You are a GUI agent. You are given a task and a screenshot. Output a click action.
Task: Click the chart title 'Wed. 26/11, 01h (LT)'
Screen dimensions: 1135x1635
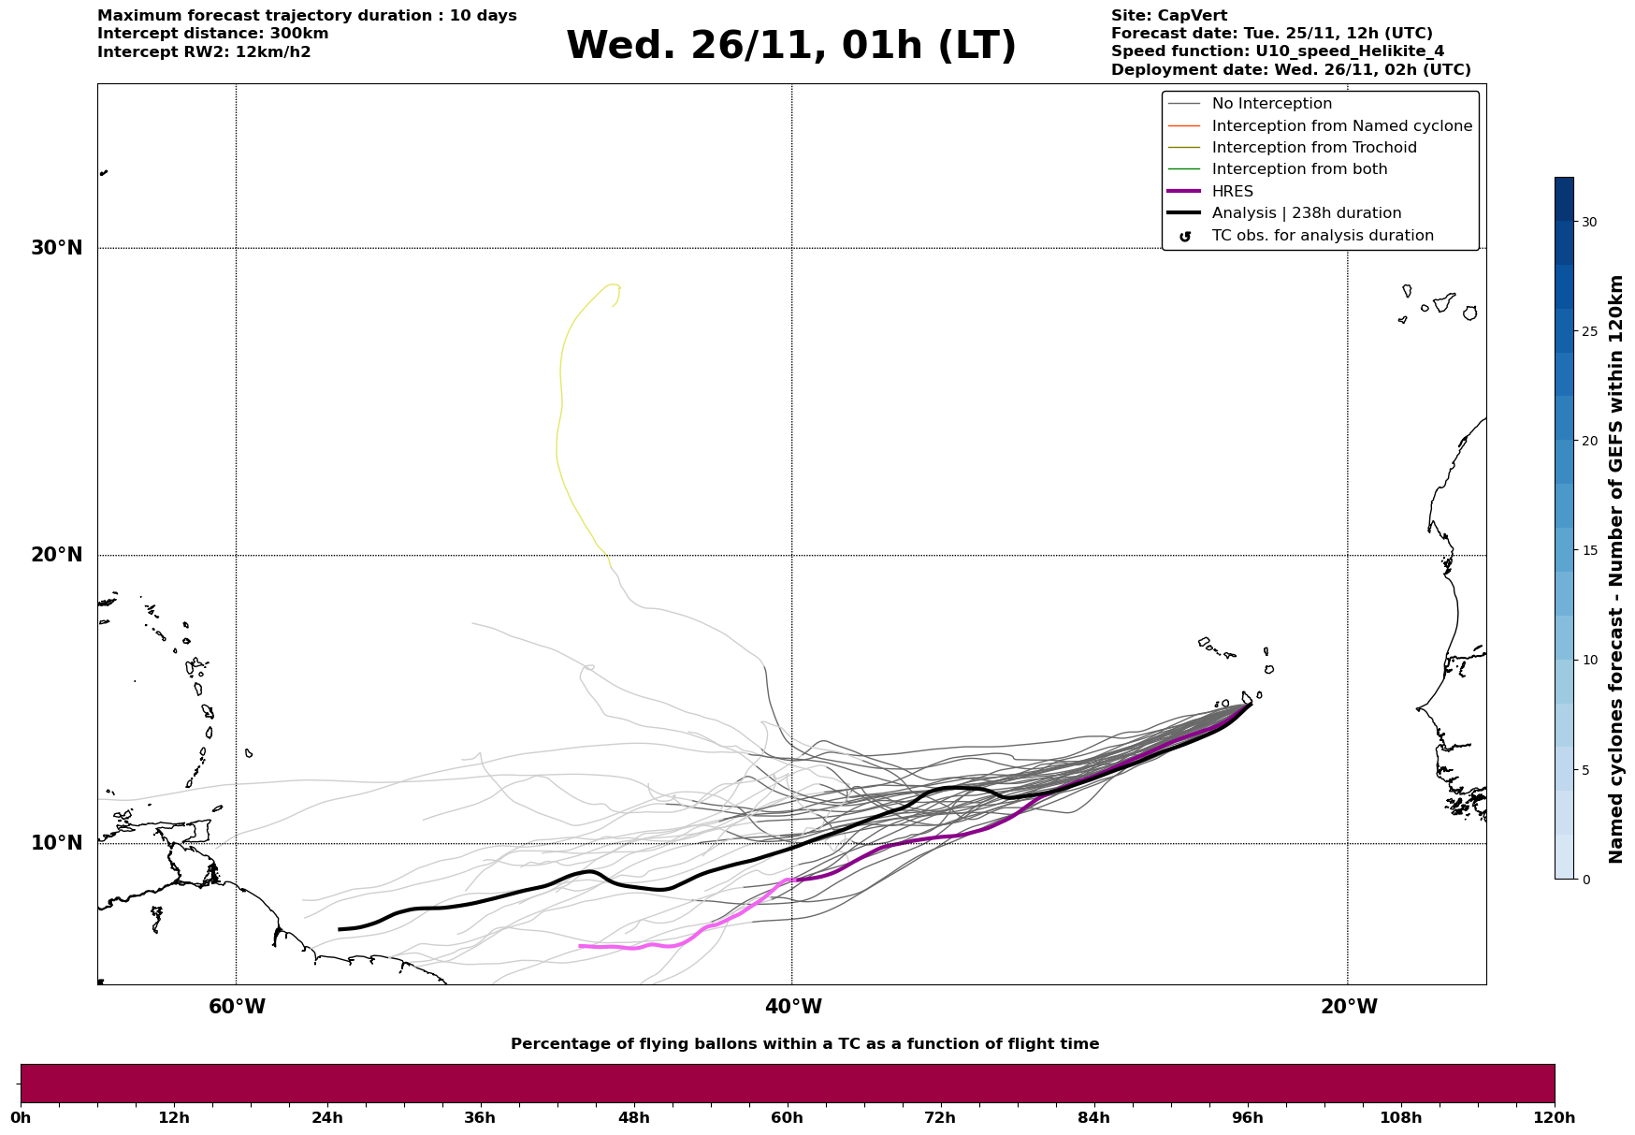[790, 46]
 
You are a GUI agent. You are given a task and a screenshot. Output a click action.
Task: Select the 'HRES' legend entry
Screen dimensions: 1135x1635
[1232, 192]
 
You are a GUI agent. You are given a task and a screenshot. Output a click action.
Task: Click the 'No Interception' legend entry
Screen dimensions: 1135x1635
[1271, 104]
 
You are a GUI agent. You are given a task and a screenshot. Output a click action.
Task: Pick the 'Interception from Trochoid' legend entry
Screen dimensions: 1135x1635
[1313, 148]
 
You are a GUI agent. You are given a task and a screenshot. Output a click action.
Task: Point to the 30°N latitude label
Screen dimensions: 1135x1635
[57, 248]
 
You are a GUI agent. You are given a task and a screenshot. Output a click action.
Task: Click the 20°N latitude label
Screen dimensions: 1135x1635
[57, 555]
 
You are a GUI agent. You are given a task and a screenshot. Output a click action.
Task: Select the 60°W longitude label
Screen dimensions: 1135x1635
[237, 1007]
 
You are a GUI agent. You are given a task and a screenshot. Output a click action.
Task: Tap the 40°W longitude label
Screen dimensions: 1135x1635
[793, 1007]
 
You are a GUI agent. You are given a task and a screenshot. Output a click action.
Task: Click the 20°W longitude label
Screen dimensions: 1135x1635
[1349, 1007]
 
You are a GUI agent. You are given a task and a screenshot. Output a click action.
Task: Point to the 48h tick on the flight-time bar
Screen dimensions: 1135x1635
[633, 1117]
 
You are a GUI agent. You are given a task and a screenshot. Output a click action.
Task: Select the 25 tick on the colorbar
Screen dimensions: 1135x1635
[1588, 331]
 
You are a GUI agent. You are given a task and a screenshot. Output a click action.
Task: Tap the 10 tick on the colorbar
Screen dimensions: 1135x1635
[1588, 660]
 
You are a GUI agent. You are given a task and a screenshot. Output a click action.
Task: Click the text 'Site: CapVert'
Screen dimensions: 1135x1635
[1168, 16]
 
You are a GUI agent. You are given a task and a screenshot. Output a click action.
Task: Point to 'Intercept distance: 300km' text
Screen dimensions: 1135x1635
[212, 34]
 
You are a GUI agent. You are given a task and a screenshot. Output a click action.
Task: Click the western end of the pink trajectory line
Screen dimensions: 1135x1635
[580, 946]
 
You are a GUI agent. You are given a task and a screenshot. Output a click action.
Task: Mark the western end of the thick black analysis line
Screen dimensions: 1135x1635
[340, 929]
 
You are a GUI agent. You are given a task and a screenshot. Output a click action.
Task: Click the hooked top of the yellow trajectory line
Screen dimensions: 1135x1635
[614, 285]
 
